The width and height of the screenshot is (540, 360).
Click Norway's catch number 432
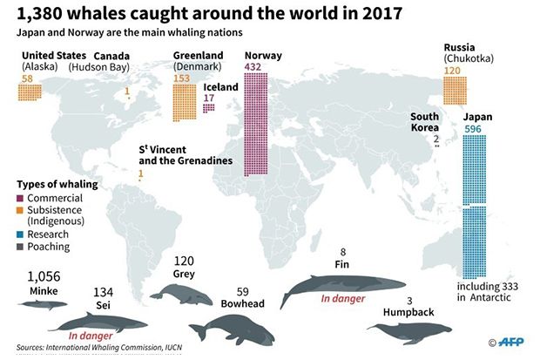coord(253,66)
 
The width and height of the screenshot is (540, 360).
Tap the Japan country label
coord(477,118)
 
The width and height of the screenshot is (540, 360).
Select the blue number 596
coord(472,129)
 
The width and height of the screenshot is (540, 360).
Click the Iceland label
coord(220,87)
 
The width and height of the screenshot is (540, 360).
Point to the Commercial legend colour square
coord(20,198)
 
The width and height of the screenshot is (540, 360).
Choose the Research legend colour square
coord(20,234)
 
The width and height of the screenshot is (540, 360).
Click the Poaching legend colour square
coord(20,247)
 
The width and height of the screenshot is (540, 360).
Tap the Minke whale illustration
coord(43,304)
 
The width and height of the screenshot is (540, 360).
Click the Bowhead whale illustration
coord(232,329)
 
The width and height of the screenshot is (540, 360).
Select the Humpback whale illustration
coord(409,332)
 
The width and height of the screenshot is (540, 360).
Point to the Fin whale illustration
coord(342,286)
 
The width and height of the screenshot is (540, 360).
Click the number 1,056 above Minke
coord(44,276)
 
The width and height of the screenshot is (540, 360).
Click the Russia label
coord(459,47)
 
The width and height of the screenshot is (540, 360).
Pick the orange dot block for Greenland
coord(185,103)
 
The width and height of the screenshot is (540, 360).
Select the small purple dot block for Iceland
coord(209,108)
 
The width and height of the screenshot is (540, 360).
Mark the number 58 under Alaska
coord(27,78)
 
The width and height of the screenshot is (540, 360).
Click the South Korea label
coord(425,122)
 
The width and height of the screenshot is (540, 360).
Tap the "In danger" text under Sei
coord(91,336)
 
